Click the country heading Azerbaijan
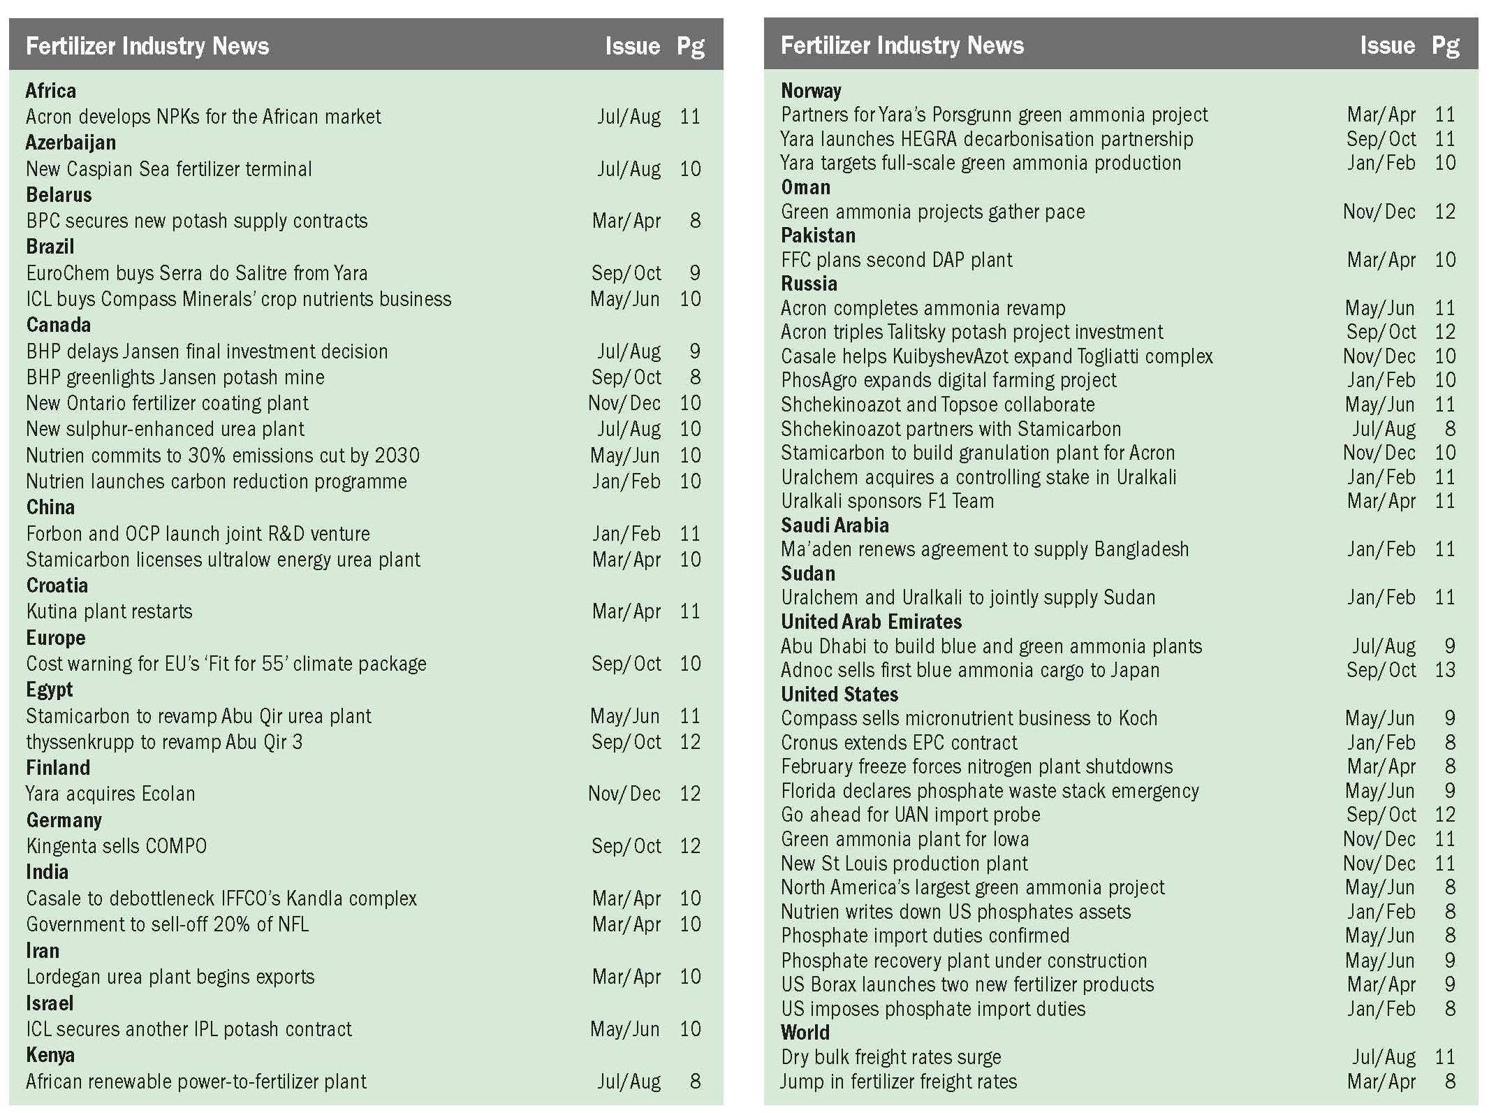[71, 143]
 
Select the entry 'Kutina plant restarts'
[109, 611]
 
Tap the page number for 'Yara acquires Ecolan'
[689, 794]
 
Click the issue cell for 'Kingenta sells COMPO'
[626, 846]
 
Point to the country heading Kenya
[50, 1055]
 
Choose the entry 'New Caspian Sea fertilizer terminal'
[169, 169]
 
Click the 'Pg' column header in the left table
[690, 47]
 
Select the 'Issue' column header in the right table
[1387, 46]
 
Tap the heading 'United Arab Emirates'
[871, 622]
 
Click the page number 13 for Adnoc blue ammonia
[1444, 670]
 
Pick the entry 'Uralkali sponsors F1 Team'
[887, 501]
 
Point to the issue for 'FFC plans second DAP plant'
[1381, 260]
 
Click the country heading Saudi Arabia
[835, 525]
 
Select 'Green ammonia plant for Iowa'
[904, 839]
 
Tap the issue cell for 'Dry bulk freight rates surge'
[1384, 1057]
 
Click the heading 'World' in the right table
[805, 1033]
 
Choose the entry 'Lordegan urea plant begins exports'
[170, 977]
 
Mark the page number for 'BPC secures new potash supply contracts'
[695, 221]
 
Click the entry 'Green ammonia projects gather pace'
[933, 212]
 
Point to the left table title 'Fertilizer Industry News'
[147, 47]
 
